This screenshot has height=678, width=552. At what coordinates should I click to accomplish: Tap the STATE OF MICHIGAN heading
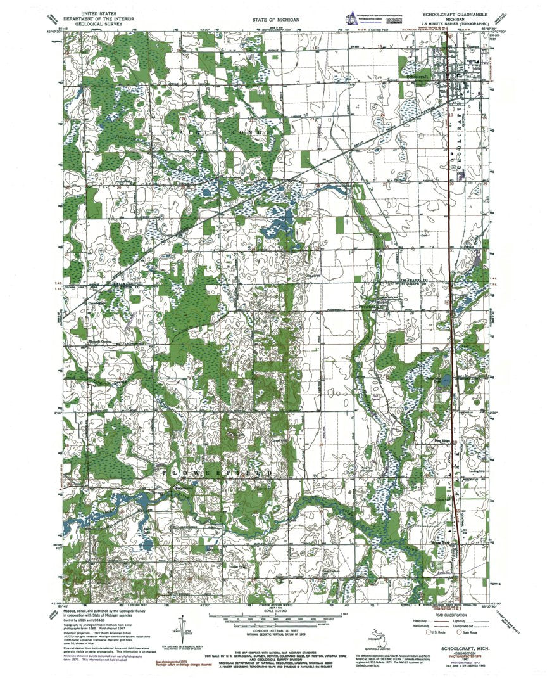click(275, 20)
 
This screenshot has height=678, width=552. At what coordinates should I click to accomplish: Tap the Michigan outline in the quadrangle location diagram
click(379, 636)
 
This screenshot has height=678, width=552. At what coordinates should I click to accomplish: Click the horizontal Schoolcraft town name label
click(418, 75)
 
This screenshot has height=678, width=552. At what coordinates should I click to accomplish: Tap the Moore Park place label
click(440, 543)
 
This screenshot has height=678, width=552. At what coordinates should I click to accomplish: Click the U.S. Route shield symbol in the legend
click(428, 632)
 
